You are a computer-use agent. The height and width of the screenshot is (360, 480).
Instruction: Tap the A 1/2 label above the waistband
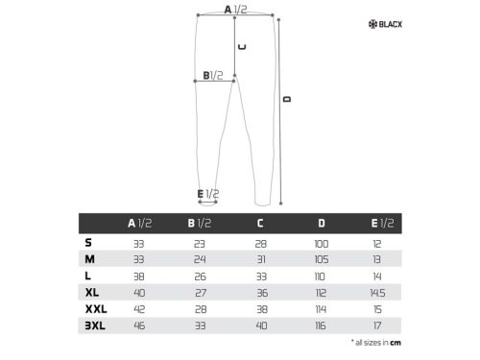pos(235,9)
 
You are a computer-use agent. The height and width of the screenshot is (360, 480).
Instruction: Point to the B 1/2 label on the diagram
pos(213,75)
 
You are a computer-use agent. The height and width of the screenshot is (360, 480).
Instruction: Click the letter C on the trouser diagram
pos(242,46)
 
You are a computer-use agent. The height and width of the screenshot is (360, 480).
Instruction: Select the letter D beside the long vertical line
pos(286,99)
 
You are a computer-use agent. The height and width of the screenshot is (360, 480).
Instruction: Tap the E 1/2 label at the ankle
pos(208,194)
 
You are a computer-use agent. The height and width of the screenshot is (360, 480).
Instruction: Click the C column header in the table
pos(260,224)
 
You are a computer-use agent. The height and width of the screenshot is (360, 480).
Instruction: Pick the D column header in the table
pos(322,224)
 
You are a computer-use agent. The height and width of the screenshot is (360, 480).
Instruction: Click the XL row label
pos(91,291)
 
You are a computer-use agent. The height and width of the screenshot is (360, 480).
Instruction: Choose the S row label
pos(88,242)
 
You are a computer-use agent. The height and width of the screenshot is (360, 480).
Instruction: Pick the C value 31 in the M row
pos(260,259)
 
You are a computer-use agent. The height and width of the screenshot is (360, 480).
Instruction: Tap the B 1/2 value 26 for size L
pos(199,276)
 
